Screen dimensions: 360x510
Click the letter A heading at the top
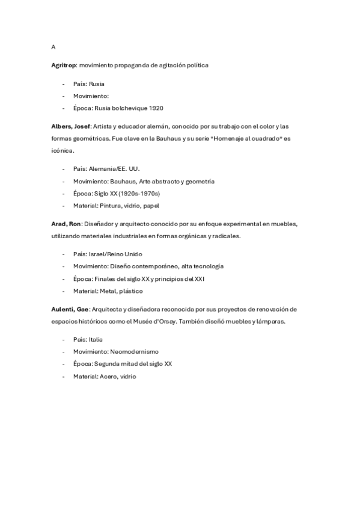(x=53, y=47)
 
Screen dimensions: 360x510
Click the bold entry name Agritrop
(x=64, y=65)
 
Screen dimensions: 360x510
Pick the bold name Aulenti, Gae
(x=70, y=309)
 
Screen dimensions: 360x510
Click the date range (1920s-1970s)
(x=139, y=194)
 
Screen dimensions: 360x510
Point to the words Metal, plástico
(x=121, y=291)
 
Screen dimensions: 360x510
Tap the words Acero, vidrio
(x=118, y=376)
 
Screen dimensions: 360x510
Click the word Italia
(x=96, y=340)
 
